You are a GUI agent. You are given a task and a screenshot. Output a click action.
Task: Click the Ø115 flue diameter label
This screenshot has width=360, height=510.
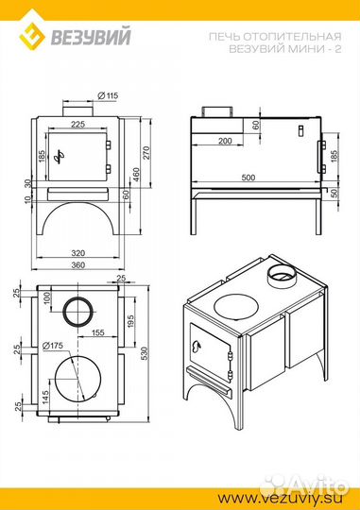tap(108, 95)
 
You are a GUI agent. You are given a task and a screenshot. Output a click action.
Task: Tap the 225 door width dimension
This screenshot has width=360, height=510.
tap(77, 124)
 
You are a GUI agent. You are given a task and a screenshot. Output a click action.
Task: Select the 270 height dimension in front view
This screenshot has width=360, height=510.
tap(146, 153)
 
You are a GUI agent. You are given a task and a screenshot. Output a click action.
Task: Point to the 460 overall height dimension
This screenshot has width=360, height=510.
tap(136, 175)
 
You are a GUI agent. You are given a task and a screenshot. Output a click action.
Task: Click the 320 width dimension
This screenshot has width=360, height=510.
tap(78, 253)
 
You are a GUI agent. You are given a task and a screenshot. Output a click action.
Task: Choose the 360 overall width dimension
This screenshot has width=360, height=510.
tap(78, 265)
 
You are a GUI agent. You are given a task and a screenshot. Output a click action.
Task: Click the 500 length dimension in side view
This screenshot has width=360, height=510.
tap(249, 178)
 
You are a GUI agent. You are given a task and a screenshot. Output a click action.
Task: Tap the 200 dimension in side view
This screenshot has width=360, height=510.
tap(225, 141)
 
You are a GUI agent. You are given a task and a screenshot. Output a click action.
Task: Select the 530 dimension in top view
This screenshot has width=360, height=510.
tap(145, 353)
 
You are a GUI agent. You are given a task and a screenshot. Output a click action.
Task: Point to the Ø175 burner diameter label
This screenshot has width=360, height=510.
tap(52, 346)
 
